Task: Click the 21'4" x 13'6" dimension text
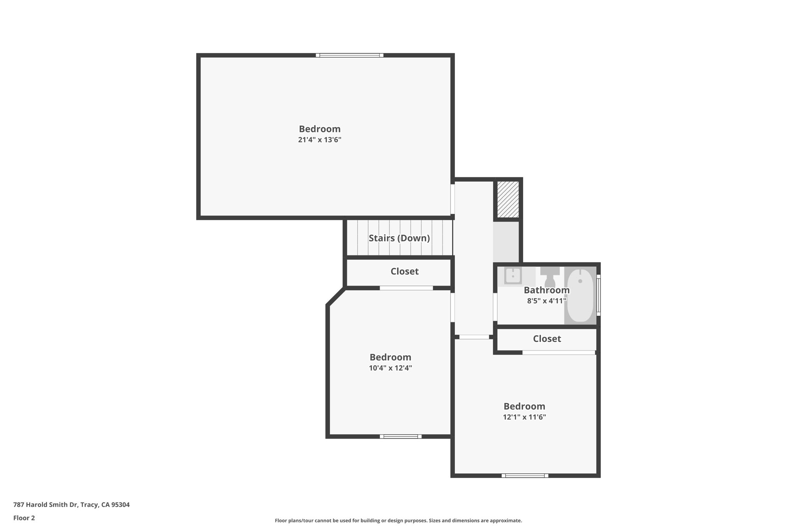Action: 320,140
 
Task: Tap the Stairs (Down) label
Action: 399,238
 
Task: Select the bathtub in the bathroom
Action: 580,295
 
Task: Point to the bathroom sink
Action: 513,276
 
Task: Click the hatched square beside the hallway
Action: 508,199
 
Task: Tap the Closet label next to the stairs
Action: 405,272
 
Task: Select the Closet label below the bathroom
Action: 547,339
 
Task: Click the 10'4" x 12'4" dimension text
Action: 390,368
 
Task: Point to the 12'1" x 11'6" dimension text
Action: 524,417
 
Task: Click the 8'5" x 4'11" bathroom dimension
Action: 547,301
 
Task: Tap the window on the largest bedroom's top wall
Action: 349,55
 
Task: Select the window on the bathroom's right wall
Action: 599,295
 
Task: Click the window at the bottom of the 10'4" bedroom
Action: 401,436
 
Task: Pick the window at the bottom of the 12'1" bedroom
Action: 525,475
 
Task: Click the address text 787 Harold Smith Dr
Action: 46,505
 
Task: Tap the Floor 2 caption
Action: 24,518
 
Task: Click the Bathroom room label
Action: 547,290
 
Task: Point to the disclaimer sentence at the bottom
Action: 398,520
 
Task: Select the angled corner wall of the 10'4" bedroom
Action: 336,296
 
